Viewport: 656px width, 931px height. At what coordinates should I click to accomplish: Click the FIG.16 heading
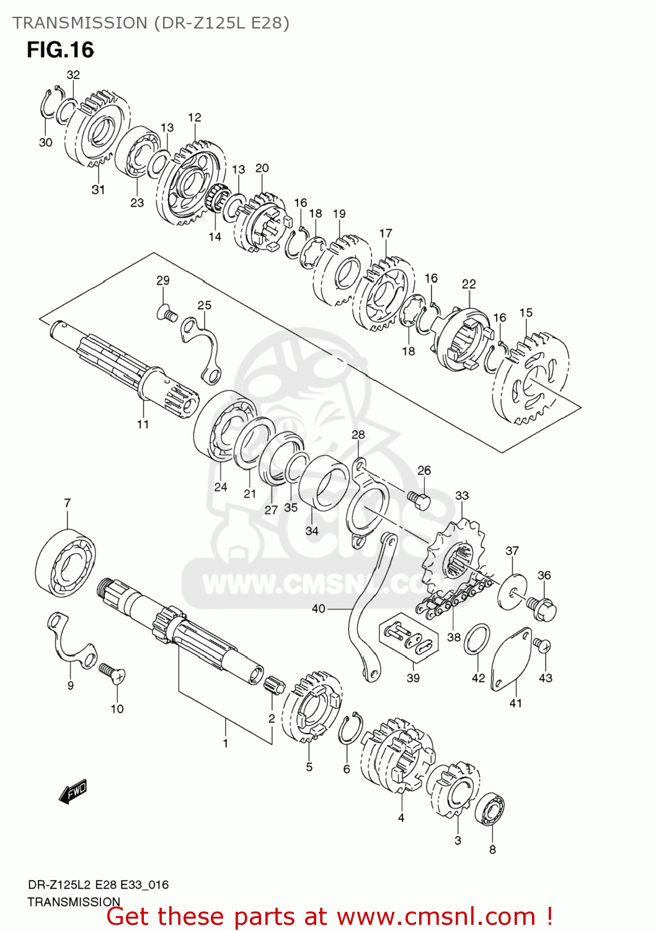pos(60,50)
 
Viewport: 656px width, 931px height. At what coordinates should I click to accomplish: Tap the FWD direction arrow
pos(73,791)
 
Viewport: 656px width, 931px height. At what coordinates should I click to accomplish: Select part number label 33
pos(462,495)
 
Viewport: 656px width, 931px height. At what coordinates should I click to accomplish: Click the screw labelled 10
pos(112,672)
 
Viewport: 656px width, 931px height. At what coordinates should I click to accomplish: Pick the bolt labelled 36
pos(542,607)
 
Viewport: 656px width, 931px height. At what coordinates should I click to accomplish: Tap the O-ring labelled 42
pos(477,639)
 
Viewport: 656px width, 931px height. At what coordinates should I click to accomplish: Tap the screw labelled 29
pos(167,314)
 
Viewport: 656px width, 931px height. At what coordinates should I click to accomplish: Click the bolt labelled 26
pos(419,500)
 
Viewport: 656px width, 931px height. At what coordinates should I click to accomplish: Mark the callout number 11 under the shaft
pos(143,425)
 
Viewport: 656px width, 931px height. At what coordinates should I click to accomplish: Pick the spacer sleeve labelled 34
pos(323,485)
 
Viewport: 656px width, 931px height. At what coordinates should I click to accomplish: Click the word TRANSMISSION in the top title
pos(79,23)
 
